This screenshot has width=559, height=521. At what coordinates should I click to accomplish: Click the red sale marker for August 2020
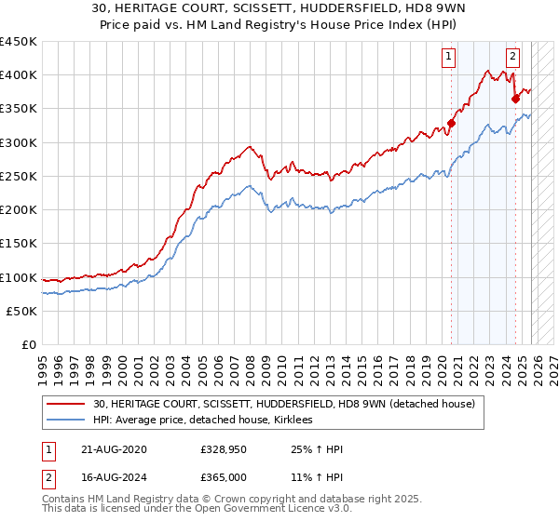(451, 122)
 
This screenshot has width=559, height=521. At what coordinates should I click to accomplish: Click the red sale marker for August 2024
(515, 98)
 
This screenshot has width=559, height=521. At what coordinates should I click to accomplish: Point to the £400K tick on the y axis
(19, 75)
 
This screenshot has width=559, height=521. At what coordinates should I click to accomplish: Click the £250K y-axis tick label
(19, 177)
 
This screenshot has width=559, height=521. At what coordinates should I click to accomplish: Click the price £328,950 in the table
(224, 449)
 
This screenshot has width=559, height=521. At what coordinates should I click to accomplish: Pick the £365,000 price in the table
(224, 478)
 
